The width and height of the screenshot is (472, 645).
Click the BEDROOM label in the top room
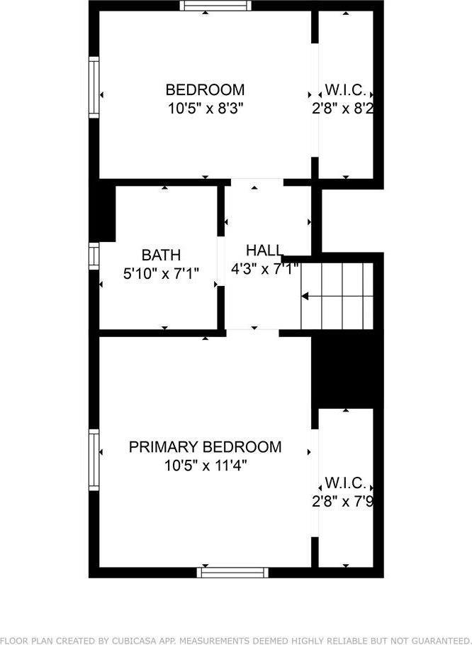coord(205,90)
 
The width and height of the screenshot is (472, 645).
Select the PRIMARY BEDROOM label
coord(205,447)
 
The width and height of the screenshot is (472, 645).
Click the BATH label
coord(161,255)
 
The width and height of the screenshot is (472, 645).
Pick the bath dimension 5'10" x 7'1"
coord(161,272)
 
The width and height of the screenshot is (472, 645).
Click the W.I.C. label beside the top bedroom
coord(345,90)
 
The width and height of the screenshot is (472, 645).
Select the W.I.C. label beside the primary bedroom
coord(345,484)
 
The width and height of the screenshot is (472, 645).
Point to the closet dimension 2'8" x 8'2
coord(343,109)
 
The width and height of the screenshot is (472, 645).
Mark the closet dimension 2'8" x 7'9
coord(343,502)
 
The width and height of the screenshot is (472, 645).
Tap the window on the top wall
coord(215,6)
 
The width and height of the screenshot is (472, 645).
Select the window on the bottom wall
coord(232,572)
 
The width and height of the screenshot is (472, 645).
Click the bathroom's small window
coord(94,255)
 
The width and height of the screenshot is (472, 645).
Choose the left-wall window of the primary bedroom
coord(94,459)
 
